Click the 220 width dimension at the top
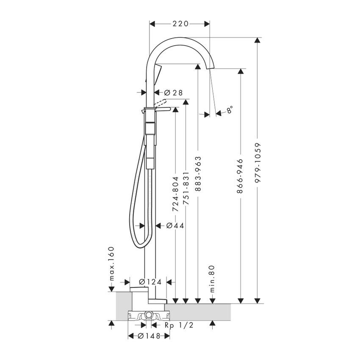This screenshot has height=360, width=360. (x=180, y=24)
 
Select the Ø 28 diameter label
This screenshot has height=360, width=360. (x=172, y=92)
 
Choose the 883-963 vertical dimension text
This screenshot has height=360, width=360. (x=198, y=174)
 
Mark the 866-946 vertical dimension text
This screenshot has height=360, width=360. (x=241, y=176)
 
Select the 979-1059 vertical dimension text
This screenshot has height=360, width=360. (x=257, y=163)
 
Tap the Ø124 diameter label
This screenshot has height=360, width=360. (x=150, y=282)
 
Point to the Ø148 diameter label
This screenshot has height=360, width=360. (x=149, y=336)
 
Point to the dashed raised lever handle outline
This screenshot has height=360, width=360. (x=161, y=102)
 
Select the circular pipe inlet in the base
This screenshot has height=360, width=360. (x=149, y=316)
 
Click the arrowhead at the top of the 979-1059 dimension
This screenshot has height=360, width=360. (x=257, y=41)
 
